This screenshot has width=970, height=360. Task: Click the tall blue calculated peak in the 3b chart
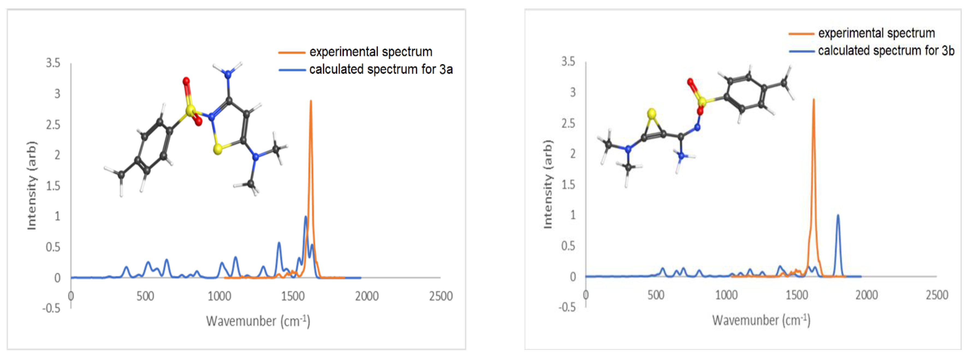coord(838,216)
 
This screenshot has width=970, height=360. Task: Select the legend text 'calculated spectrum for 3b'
coord(886,51)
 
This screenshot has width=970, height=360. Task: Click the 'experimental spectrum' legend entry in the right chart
coord(876,33)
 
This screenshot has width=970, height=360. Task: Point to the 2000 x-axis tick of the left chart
coord(367,296)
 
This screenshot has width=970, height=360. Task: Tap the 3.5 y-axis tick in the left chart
coord(53,63)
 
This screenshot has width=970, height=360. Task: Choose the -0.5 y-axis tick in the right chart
coord(567,307)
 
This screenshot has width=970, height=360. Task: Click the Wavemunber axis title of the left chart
coord(258,321)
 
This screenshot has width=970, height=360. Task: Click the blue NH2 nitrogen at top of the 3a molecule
coord(228,74)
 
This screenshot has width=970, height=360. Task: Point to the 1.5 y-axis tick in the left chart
coord(53,186)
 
